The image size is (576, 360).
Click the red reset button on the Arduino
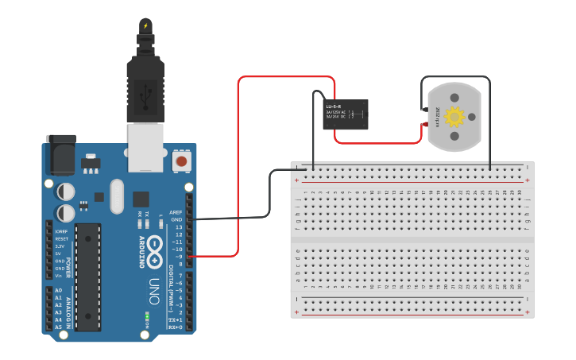pyautogui.click(x=181, y=161)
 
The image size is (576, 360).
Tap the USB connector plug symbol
pyautogui.click(x=145, y=97)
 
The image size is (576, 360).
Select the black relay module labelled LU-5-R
pyautogui.click(x=346, y=114)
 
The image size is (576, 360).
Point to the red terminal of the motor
pyautogui.click(x=425, y=125)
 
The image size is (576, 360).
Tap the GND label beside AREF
pyautogui.click(x=176, y=219)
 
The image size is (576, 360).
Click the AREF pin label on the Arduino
pyautogui.click(x=176, y=212)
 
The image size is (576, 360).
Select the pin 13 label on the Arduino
pyautogui.click(x=179, y=227)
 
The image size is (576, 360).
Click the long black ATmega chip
pyautogui.click(x=89, y=277)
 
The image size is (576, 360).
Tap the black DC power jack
pyautogui.click(x=60, y=154)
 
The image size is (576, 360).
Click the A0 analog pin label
pyautogui.click(x=58, y=290)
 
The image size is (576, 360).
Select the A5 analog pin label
pyautogui.click(x=58, y=327)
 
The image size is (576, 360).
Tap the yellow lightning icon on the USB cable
pyautogui.click(x=145, y=25)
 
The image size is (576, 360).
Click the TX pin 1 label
pyautogui.click(x=176, y=319)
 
